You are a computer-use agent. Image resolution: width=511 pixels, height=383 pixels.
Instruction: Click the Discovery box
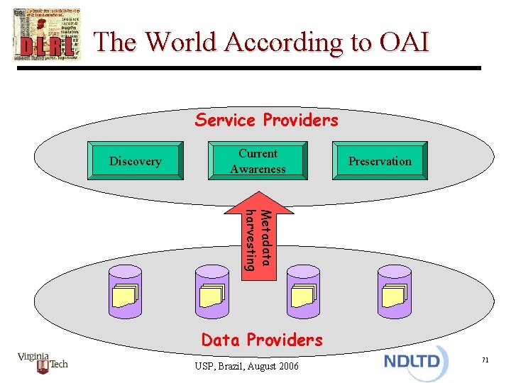[x=135, y=161]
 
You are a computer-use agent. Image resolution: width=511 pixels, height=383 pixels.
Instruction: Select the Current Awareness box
[x=258, y=161]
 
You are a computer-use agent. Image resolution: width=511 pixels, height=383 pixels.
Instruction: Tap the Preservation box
[x=380, y=161]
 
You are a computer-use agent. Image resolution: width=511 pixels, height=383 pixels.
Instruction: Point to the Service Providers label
[x=267, y=120]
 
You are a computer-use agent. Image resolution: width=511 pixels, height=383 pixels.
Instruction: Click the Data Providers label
[x=262, y=340]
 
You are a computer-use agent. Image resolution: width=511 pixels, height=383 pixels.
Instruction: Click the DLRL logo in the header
[x=47, y=34]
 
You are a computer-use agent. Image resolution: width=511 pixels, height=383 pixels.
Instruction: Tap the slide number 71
[x=485, y=361]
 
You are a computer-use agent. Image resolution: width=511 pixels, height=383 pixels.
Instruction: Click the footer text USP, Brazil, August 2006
[x=247, y=366]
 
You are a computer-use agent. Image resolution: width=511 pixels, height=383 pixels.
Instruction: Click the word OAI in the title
[x=400, y=43]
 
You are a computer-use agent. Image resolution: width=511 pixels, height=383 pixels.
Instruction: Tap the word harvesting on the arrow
[x=249, y=240]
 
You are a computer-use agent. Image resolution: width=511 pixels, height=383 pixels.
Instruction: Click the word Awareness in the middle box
[x=258, y=169]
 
